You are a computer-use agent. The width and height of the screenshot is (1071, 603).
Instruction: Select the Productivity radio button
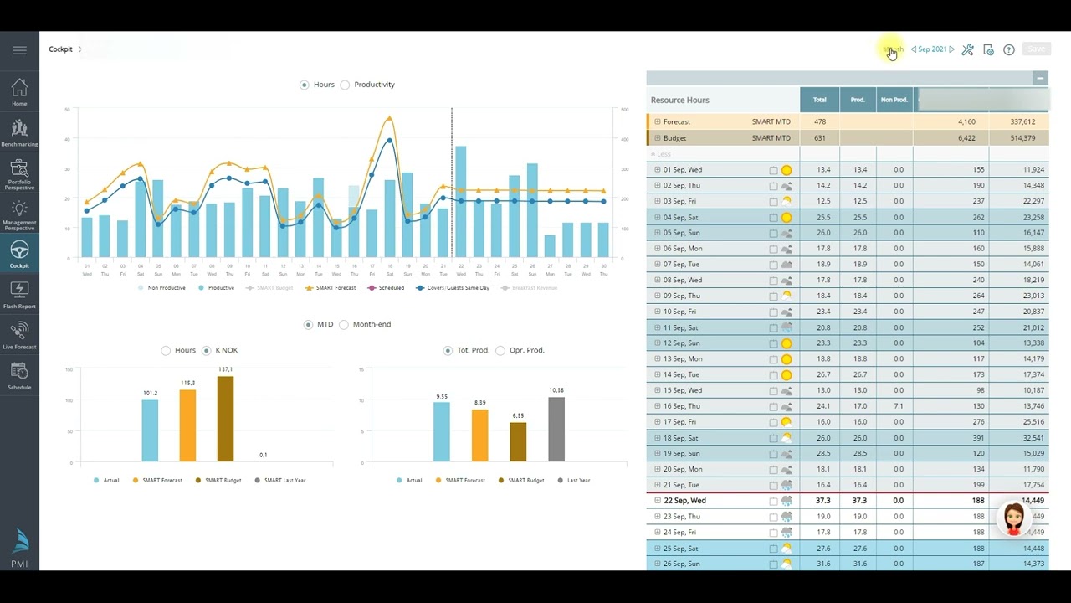coord(345,85)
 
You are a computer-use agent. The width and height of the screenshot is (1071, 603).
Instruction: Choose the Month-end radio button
coord(344,324)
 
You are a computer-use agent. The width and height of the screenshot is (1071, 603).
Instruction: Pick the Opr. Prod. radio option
coord(500,350)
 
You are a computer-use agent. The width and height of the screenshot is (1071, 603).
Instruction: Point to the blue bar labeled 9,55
coord(442,431)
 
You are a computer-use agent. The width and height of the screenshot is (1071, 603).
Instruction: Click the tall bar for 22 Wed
coord(461,201)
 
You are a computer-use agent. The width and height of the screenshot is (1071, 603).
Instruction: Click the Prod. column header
coord(858,100)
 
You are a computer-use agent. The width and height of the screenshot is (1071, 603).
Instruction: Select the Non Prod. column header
coord(894,100)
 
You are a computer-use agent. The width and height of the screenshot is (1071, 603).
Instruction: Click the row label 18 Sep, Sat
coord(680,438)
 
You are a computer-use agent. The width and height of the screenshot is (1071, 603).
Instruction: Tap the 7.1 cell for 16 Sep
coord(898,406)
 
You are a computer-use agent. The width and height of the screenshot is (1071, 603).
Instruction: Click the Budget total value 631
coord(819,138)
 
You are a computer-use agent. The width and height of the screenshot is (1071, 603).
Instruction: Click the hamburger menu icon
coord(19,50)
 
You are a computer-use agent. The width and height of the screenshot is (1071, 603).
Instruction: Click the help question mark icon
coord(1009,49)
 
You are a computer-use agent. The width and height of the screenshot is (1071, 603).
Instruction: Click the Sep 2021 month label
coord(932,49)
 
